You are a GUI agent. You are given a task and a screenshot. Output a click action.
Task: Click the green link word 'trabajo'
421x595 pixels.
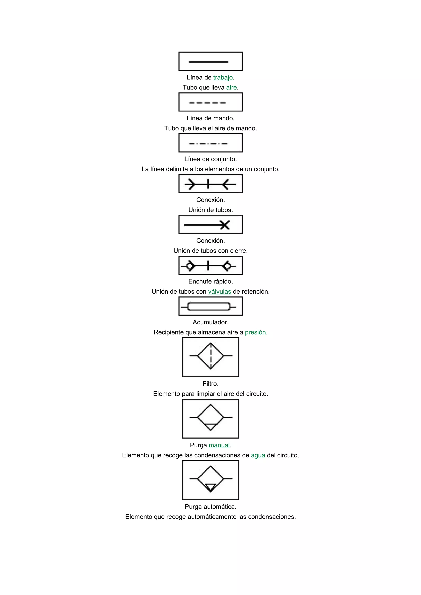coord(223,77)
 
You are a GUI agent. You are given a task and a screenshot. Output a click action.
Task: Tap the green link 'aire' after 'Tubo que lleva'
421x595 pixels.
coord(231,88)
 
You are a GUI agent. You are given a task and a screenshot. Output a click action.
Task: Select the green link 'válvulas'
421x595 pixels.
coord(220,292)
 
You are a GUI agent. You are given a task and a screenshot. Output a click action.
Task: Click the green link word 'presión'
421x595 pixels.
coord(255,332)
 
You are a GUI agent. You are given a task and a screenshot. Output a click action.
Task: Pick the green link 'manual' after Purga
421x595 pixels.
coord(219,445)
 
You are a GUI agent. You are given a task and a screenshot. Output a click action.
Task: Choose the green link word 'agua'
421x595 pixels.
coord(258,455)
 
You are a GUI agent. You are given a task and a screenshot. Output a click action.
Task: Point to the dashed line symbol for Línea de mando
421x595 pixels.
coord(207,103)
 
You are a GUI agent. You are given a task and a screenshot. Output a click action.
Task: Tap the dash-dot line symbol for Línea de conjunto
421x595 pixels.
coord(208,144)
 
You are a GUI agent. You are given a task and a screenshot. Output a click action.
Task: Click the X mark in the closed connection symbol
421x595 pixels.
coord(225,225)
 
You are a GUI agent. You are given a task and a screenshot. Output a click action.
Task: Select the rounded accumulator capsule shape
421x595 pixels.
coord(209,307)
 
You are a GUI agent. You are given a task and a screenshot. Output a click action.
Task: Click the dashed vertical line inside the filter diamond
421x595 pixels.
coord(211,356)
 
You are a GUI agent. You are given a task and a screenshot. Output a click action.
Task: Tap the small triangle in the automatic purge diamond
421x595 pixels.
coord(210,487)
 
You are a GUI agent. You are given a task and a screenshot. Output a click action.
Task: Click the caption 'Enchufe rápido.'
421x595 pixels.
coord(210,281)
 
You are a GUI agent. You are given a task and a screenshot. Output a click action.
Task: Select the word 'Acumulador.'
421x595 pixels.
coord(210,322)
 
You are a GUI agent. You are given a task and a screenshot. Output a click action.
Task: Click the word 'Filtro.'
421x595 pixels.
coord(210,384)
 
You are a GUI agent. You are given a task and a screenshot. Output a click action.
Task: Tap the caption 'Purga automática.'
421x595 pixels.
coord(210,507)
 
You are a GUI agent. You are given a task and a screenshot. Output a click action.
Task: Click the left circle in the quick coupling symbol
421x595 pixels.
coord(190,266)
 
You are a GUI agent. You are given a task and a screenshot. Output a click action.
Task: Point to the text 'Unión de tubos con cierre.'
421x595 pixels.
coord(210,251)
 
